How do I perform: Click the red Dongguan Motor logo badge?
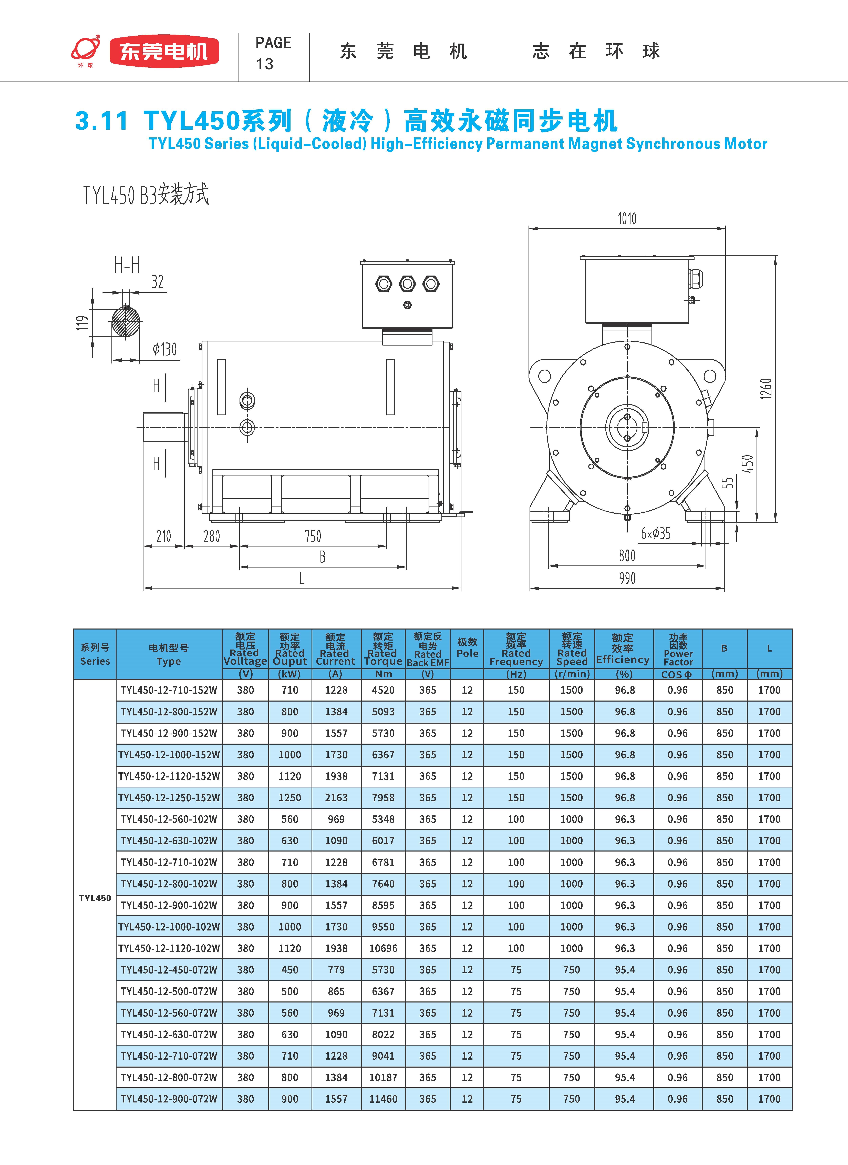point(164,51)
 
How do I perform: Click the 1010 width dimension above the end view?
point(627,219)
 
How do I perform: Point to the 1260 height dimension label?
point(766,389)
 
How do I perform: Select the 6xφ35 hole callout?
point(655,534)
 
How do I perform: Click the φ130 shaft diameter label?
point(164,350)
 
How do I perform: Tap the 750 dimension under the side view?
point(313,536)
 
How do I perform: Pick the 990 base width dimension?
point(627,578)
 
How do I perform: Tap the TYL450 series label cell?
point(95,898)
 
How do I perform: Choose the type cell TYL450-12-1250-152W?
point(169,798)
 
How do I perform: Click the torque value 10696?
point(383,948)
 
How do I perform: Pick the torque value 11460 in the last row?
point(383,1099)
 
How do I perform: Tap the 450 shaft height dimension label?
point(748,464)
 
